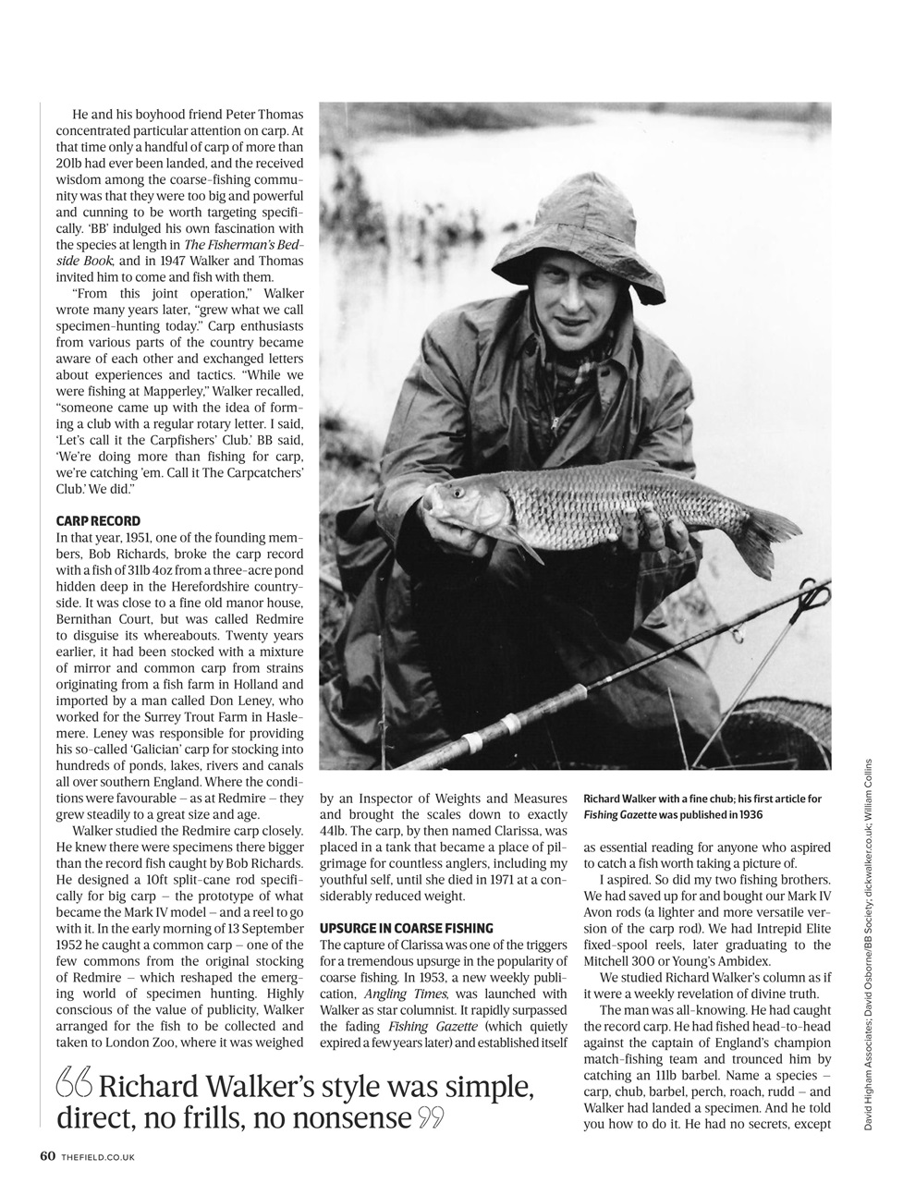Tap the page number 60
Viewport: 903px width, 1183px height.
coord(48,1155)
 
